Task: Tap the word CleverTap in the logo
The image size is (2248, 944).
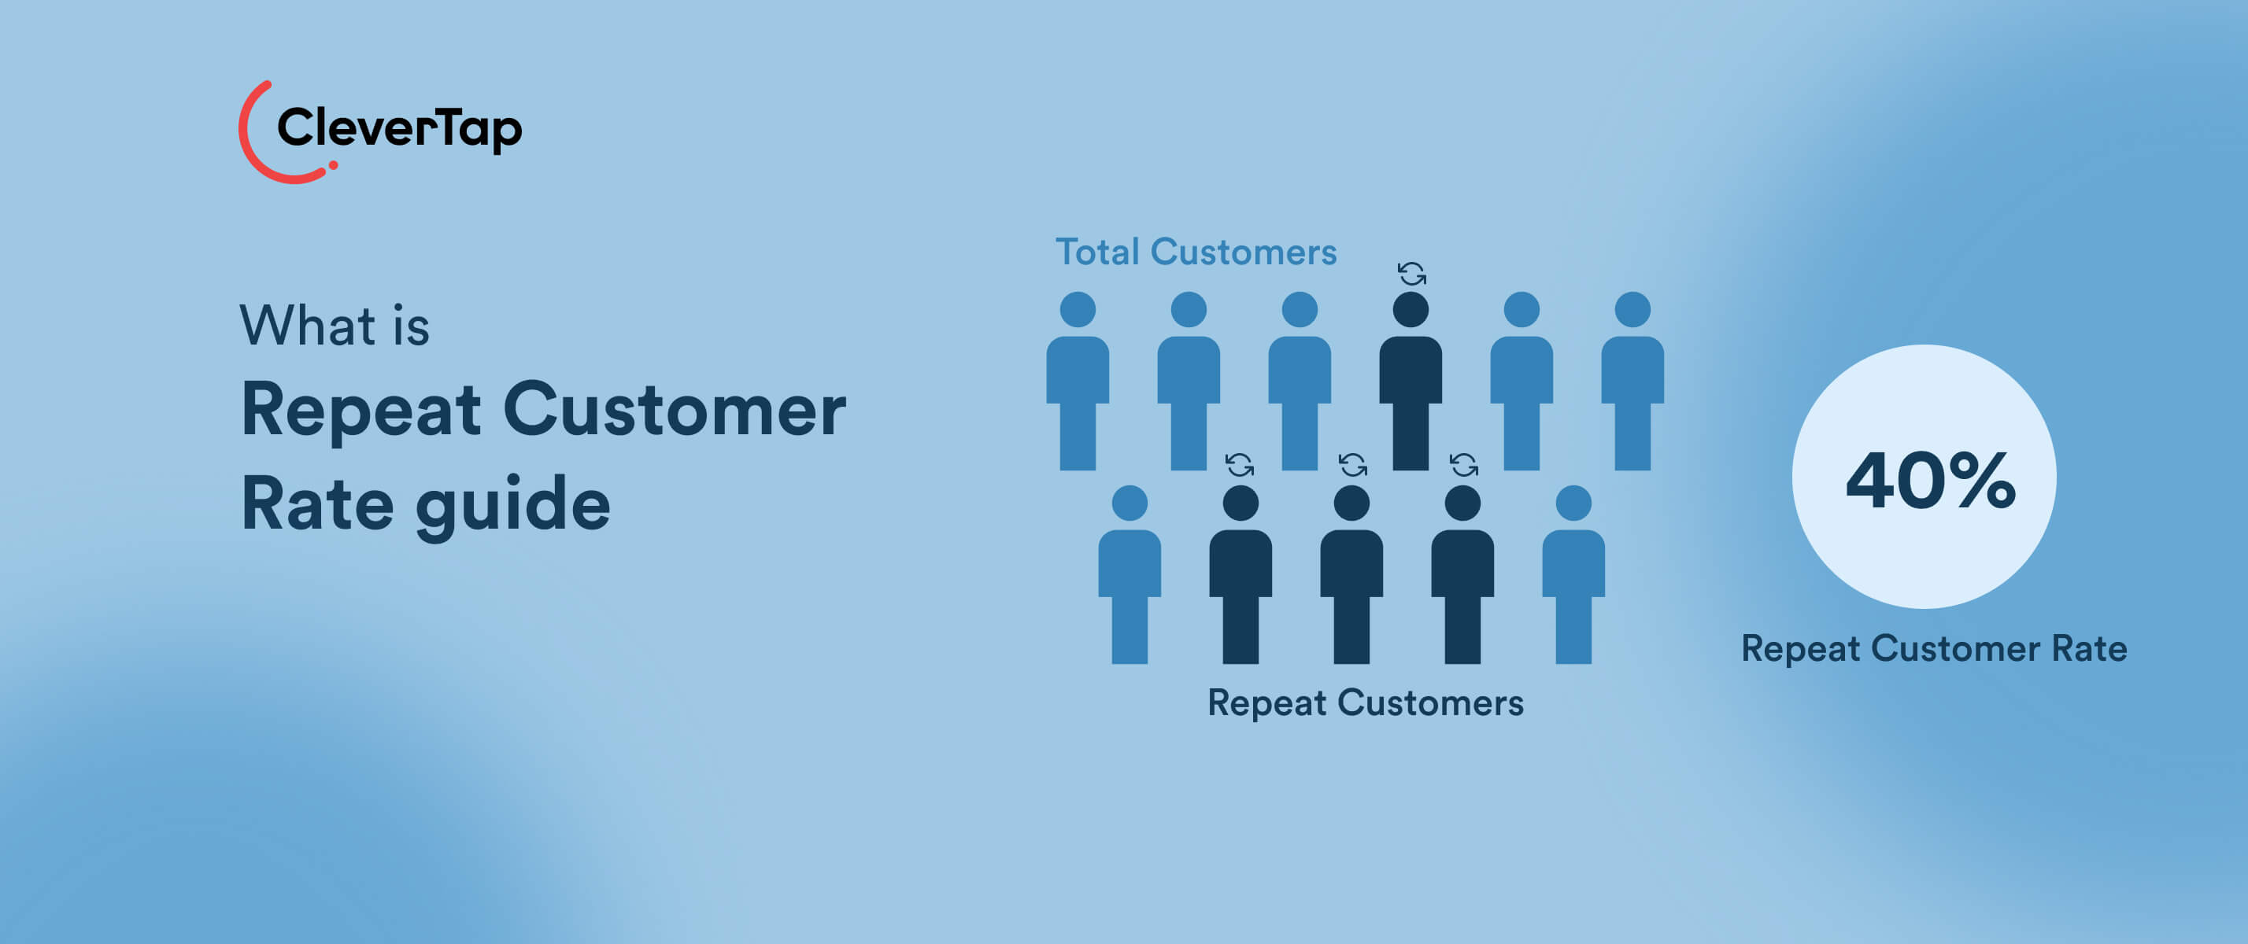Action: [399, 128]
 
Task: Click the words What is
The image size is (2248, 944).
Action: [335, 326]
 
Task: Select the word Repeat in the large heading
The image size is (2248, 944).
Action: [360, 410]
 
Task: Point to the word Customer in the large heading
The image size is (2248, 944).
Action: [674, 410]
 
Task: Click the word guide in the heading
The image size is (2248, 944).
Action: [512, 506]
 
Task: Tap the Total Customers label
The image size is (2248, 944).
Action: [1196, 253]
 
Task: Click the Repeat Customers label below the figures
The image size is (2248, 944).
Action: [1365, 703]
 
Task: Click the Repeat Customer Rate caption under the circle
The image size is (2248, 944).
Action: [1934, 649]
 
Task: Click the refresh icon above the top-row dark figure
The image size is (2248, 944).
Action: [1411, 274]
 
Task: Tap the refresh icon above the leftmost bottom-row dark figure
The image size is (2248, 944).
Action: [1239, 465]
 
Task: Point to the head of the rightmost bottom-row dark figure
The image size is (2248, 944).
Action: [1462, 503]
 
